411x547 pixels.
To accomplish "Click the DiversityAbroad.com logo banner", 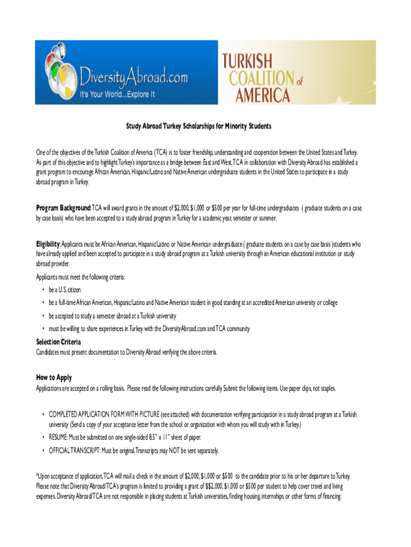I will pyautogui.click(x=127, y=72).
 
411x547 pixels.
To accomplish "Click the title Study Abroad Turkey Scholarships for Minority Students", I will pyautogui.click(x=199, y=127).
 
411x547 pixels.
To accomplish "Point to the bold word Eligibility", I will pyautogui.click(x=48, y=244).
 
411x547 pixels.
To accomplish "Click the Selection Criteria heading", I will pyautogui.click(x=58, y=342).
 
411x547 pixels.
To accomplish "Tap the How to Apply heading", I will pyautogui.click(x=54, y=378).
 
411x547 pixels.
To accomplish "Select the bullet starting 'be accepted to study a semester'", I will pyautogui.click(x=112, y=316).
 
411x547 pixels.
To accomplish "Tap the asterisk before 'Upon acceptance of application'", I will pyautogui.click(x=37, y=475).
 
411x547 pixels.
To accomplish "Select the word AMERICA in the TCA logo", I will pyautogui.click(x=257, y=95).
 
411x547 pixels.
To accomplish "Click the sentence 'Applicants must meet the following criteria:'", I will pyautogui.click(x=81, y=277).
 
